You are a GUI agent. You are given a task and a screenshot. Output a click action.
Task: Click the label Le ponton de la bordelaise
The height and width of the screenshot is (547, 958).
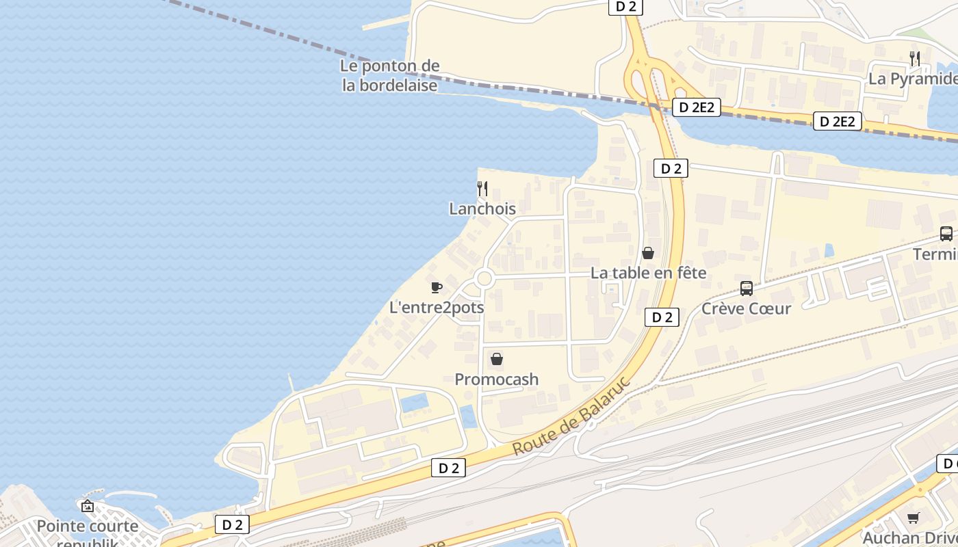[390, 76]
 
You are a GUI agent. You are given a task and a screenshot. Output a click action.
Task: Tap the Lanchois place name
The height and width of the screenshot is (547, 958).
[482, 209]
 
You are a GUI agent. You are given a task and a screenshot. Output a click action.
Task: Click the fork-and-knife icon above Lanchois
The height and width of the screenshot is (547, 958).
[482, 189]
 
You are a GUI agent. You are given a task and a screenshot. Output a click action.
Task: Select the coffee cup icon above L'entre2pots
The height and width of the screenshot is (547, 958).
[437, 287]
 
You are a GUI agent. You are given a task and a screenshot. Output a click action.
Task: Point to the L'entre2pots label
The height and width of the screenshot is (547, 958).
[437, 308]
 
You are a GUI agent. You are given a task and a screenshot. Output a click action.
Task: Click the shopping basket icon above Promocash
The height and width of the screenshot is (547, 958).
[497, 359]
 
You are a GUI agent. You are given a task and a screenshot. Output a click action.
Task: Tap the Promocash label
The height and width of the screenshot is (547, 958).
[497, 379]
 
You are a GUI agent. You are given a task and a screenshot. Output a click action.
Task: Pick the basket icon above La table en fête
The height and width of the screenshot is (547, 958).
[648, 253]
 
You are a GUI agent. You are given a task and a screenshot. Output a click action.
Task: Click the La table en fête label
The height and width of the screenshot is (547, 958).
[648, 273]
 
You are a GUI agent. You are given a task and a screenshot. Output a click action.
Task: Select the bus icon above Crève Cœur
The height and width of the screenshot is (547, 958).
[747, 289]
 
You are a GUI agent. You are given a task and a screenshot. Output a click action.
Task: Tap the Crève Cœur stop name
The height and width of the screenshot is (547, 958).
[747, 308]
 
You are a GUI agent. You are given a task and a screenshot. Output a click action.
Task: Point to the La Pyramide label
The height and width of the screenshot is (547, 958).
[913, 79]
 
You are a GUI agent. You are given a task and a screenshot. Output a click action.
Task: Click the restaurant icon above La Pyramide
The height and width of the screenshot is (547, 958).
[914, 59]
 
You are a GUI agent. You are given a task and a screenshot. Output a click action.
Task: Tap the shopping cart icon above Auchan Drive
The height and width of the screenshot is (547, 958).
[913, 518]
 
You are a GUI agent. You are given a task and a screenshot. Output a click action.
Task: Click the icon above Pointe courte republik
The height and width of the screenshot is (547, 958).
[88, 507]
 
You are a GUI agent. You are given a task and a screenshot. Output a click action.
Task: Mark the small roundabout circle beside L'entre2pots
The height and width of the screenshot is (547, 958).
[484, 278]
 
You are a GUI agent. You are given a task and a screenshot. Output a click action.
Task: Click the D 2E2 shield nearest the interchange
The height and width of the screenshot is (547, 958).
[697, 107]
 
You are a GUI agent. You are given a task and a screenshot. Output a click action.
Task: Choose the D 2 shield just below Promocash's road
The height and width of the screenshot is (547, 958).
[448, 468]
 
